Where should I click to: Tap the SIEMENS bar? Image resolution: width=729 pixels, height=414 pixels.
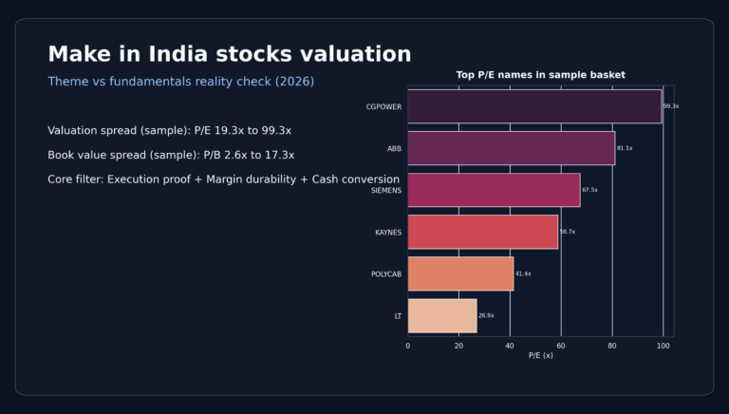[494, 190]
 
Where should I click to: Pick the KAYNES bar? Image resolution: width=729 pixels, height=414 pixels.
[483, 232]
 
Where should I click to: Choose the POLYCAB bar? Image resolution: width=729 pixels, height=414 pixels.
[460, 273]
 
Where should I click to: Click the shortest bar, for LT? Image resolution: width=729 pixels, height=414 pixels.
[442, 315]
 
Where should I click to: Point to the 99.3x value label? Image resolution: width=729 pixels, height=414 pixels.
[671, 106]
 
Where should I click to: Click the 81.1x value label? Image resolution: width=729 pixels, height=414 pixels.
[625, 148]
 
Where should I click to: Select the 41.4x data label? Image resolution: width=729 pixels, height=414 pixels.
[523, 273]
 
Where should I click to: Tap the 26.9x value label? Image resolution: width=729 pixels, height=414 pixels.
[486, 315]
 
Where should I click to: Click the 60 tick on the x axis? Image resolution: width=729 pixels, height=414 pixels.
[561, 346]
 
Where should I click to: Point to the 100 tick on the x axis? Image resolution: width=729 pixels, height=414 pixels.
[664, 346]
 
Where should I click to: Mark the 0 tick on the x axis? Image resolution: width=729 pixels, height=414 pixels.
[408, 346]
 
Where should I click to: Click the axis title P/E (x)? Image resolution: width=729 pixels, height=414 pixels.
[541, 355]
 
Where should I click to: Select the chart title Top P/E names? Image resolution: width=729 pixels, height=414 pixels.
[541, 75]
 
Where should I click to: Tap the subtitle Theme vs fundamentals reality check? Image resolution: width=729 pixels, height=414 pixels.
[181, 82]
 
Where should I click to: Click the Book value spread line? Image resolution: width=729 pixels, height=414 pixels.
[171, 155]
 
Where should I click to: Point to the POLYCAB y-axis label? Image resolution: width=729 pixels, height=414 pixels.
[386, 274]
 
